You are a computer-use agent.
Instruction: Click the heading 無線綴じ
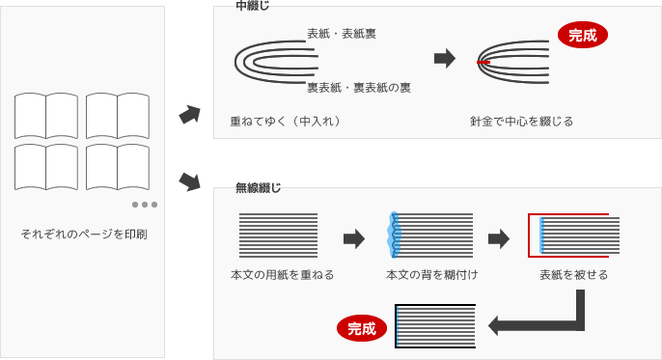[259, 188]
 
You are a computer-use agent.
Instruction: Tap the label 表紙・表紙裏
[342, 34]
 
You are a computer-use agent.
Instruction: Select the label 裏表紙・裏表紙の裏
[359, 88]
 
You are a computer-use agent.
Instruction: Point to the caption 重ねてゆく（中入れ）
[285, 122]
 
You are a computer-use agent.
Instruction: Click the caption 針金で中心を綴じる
[521, 122]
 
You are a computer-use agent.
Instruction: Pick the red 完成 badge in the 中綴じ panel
[582, 37]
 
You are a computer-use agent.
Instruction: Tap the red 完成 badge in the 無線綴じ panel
[360, 328]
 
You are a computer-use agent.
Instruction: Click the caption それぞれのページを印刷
[84, 235]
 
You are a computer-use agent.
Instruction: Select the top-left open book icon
[46, 116]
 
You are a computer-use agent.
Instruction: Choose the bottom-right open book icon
[116, 166]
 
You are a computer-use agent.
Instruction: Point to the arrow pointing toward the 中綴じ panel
[190, 116]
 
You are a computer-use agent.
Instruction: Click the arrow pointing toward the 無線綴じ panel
[190, 180]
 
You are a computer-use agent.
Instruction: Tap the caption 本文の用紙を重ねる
[283, 275]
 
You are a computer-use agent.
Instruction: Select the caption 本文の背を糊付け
[431, 275]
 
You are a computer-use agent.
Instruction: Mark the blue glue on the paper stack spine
[393, 235]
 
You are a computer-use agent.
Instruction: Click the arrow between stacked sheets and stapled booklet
[444, 59]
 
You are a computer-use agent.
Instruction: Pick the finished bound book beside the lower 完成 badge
[435, 326]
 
